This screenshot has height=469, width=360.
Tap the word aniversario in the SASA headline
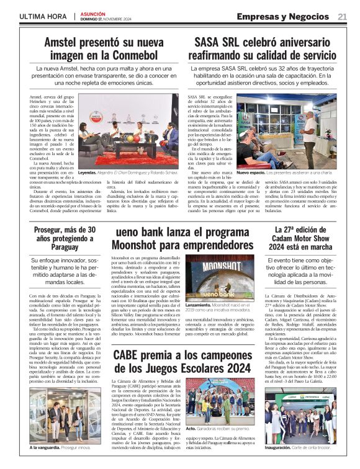coord(305,43)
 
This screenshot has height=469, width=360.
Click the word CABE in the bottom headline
coord(129,337)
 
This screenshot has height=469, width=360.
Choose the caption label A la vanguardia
coord(44,447)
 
